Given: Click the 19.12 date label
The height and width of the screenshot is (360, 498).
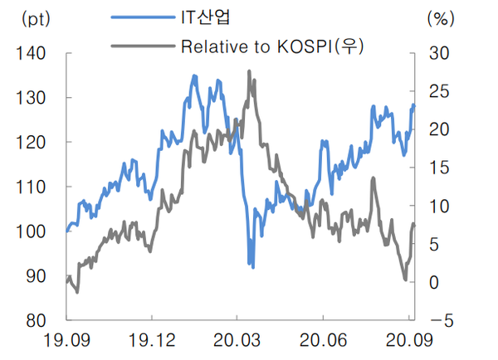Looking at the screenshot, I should [x=152, y=340].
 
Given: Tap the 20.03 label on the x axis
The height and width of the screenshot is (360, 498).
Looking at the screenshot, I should [x=237, y=340].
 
